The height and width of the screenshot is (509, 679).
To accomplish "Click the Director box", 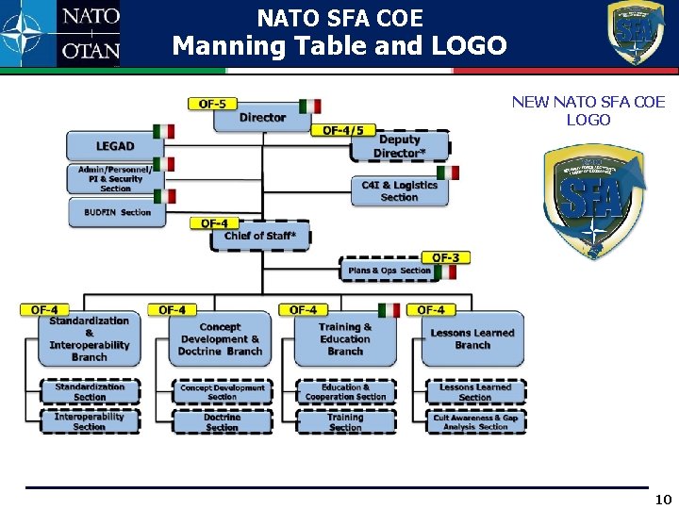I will tap(262, 118).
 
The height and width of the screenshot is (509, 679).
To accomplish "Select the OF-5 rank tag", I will tap(212, 104).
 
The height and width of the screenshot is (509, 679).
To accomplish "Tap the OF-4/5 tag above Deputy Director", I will tap(343, 130).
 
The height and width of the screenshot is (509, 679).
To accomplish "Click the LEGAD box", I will tap(115, 146).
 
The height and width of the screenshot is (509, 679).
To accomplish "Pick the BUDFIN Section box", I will tap(117, 212).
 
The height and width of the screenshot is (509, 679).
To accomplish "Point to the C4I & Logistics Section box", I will tap(399, 191).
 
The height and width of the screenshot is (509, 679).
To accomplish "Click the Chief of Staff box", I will tap(266, 237).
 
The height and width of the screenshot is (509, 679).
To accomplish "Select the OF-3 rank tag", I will tap(446, 257).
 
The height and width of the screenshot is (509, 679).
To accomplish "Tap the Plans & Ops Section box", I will tap(389, 271).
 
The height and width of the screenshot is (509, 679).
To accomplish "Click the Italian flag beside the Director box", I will tap(310, 106).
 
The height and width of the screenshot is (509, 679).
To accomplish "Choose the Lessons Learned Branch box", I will tap(472, 339).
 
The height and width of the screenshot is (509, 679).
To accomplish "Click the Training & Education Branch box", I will tap(344, 339).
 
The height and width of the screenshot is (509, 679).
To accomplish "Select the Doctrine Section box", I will tap(222, 422).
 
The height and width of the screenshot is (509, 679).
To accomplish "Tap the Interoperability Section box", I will tap(89, 421).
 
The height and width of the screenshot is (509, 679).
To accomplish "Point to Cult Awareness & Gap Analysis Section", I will tap(475, 422).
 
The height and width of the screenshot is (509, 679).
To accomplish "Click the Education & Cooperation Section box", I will tap(345, 392).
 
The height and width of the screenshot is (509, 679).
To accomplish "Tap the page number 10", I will tap(663, 500).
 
